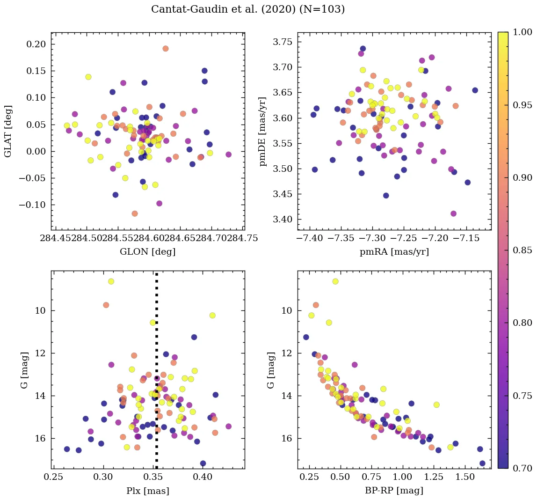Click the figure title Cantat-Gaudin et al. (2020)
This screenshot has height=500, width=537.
tap(248, 9)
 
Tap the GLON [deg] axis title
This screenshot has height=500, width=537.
tap(148, 252)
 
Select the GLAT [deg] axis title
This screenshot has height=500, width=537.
tap(8, 131)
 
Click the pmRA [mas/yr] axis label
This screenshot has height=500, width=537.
tap(394, 252)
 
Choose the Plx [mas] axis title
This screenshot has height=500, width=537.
tap(148, 491)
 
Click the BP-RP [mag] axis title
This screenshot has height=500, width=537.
tap(394, 491)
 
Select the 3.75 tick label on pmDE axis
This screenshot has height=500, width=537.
tap(283, 42)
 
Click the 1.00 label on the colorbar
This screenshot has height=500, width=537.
tap(522, 32)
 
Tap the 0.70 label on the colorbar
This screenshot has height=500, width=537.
tap(522, 468)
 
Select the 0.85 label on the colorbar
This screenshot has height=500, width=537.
tap(522, 250)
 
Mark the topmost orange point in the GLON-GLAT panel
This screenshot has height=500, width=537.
tap(166, 49)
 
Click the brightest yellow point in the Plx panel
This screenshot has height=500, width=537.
tap(111, 281)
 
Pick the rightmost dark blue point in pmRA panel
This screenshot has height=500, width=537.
tap(475, 90)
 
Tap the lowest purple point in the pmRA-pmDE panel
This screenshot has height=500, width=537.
tap(453, 213)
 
